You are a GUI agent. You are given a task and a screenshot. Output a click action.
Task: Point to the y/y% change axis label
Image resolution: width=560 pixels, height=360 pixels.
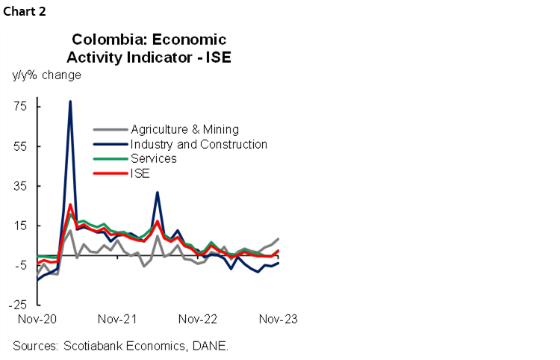coord(46,75)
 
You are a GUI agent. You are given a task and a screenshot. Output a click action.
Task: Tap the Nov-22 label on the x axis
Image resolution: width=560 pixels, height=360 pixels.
coord(198,319)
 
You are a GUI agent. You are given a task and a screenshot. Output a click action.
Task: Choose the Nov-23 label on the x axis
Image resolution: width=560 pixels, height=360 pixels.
coord(278,319)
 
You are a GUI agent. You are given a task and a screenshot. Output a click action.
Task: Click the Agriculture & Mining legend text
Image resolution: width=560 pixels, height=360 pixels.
coord(184,129)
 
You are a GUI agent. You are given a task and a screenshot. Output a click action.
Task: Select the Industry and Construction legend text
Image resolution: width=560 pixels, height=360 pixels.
coord(199,144)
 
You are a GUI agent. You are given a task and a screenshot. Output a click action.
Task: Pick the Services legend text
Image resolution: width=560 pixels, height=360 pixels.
coord(153,158)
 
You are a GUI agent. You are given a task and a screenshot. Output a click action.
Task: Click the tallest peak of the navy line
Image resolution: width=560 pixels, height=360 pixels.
coord(70,102)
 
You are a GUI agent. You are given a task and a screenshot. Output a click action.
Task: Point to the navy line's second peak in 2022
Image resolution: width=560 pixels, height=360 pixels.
coord(157,193)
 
